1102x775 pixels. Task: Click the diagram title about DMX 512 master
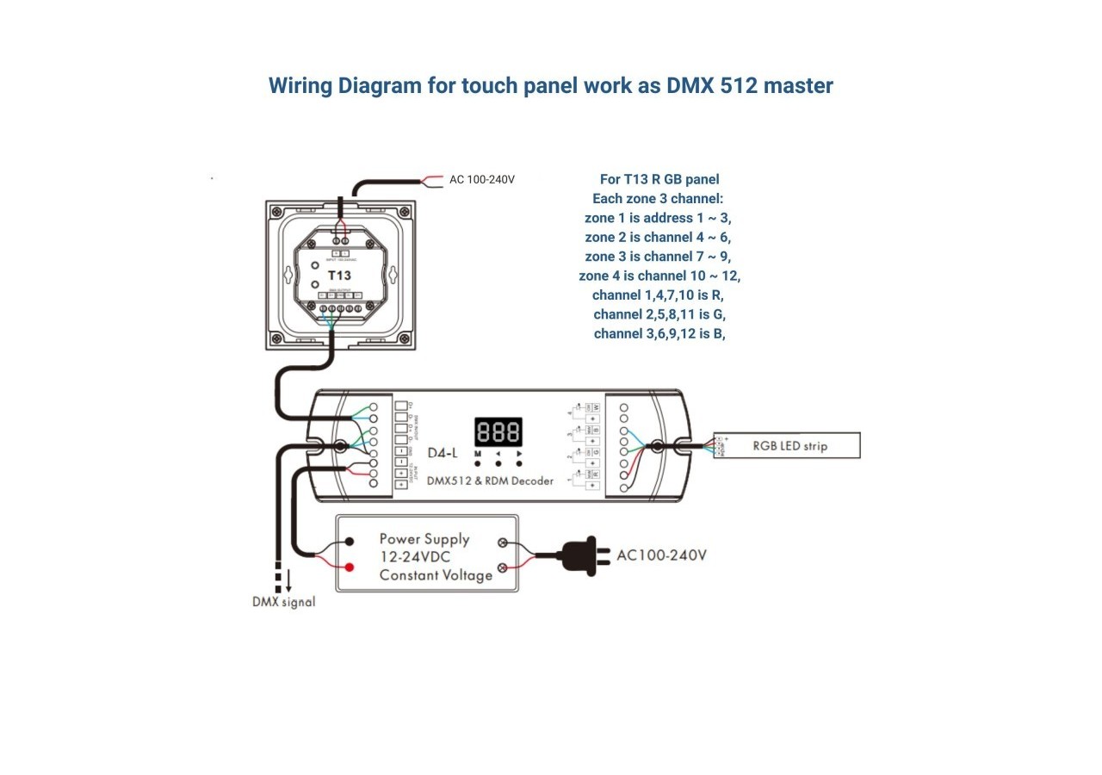551,86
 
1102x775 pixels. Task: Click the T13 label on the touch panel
339,276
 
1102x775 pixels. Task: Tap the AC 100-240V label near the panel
482,180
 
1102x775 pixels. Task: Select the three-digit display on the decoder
498,431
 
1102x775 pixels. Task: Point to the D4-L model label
443,453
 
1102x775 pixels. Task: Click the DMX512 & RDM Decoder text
491,480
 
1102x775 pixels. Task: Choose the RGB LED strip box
789,445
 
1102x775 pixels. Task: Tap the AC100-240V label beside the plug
661,555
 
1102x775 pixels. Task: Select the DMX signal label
283,602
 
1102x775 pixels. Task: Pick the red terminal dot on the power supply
350,567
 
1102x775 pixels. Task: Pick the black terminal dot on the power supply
350,542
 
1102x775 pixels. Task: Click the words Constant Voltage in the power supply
436,574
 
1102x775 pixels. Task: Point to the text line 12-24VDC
416,557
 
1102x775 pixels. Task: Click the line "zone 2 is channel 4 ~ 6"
659,237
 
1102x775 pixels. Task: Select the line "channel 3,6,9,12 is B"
659,333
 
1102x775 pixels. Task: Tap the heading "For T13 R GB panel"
659,179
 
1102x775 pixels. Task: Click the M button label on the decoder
477,453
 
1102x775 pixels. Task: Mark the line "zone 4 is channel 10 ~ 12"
659,276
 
